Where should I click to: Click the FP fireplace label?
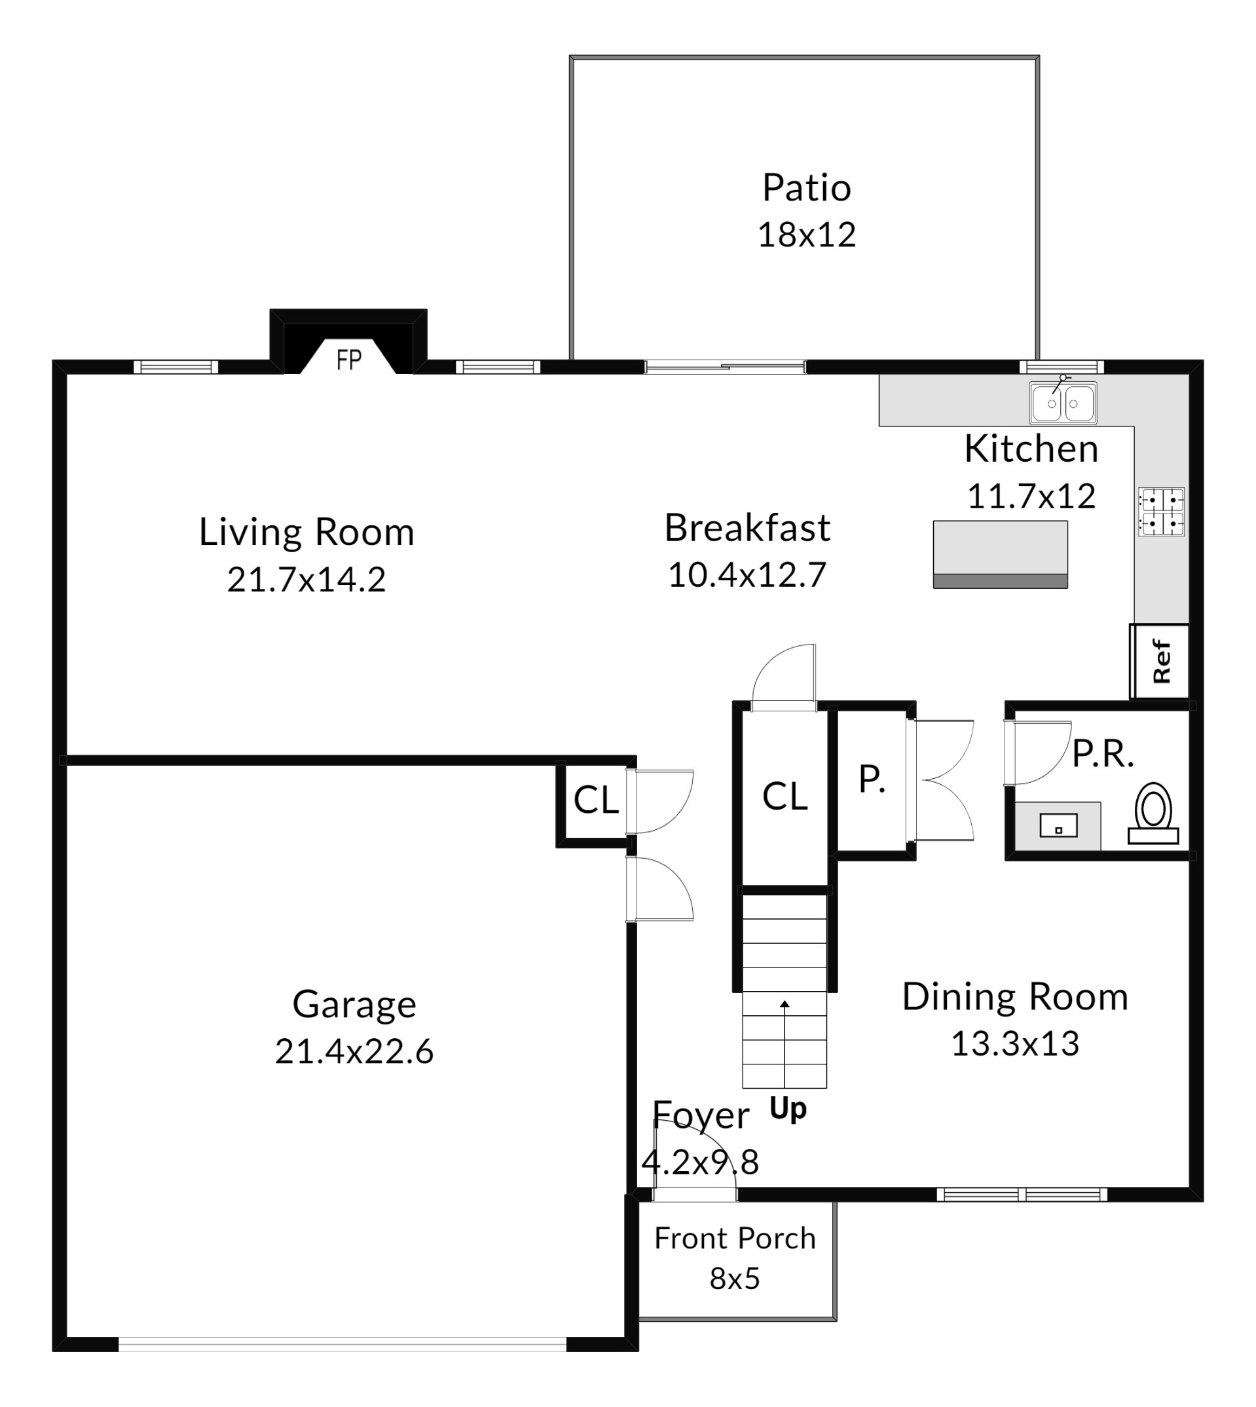tap(348, 360)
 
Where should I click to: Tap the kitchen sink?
tap(1063, 402)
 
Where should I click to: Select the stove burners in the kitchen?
tap(1162, 512)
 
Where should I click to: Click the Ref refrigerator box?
tap(1159, 661)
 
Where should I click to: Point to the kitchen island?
tap(1000, 554)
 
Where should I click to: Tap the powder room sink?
tap(1058, 825)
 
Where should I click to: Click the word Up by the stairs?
tap(788, 1110)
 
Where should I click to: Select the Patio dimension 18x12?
tap(807, 235)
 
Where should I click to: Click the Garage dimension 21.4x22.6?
tap(354, 1052)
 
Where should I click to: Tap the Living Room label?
tap(307, 533)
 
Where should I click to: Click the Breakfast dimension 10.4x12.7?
tap(747, 575)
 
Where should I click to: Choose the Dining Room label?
tap(1015, 998)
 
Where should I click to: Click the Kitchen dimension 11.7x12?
tap(1031, 497)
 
